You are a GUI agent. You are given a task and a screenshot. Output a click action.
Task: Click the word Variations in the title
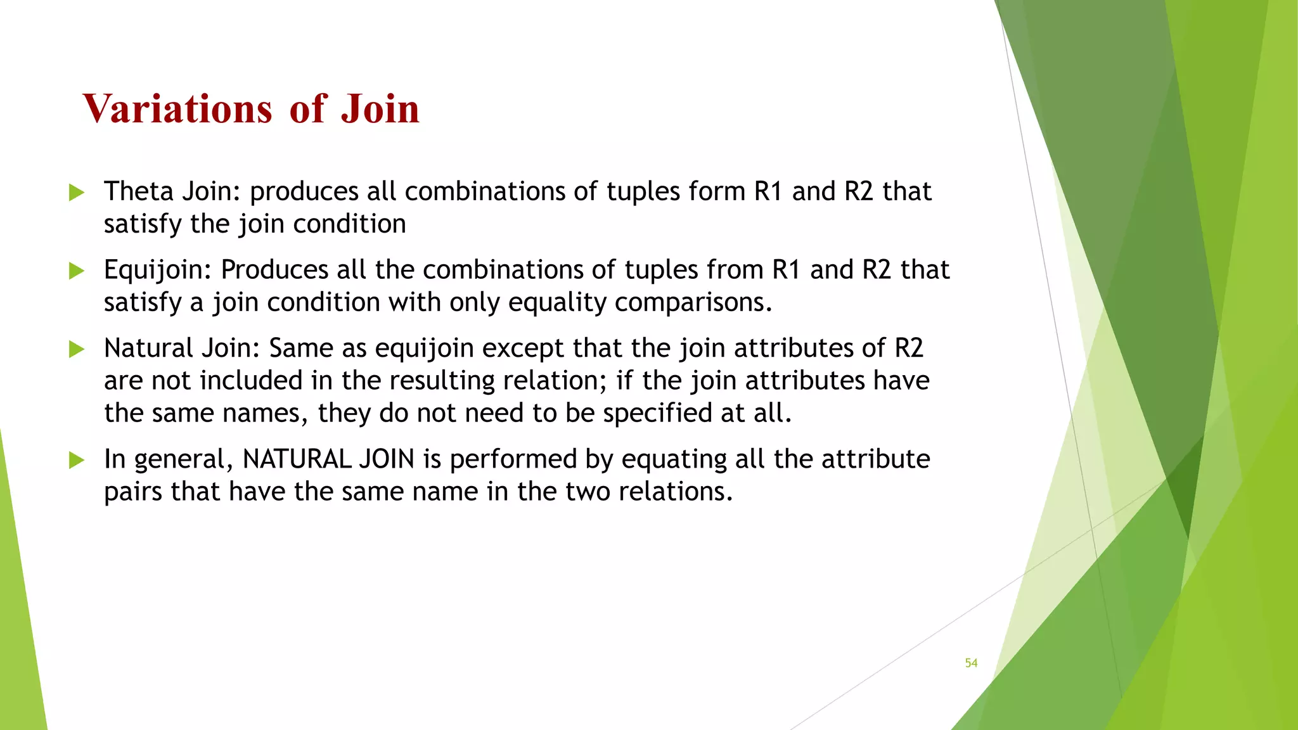click(x=177, y=108)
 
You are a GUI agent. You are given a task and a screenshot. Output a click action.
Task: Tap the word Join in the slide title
click(x=380, y=108)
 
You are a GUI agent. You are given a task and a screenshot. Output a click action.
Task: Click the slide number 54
click(x=971, y=663)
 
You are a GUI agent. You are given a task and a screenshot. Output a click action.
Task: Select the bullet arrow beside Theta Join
click(x=77, y=192)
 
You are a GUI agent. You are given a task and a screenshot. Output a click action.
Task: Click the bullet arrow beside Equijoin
click(x=77, y=271)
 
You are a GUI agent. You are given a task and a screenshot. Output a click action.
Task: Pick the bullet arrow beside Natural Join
click(x=77, y=349)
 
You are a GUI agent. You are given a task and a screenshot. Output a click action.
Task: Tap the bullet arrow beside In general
click(x=77, y=459)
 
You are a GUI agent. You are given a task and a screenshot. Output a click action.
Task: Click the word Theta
click(x=138, y=191)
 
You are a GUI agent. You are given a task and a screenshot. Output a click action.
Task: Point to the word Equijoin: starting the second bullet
click(x=158, y=271)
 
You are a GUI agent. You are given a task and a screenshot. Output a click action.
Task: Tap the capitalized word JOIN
click(x=387, y=459)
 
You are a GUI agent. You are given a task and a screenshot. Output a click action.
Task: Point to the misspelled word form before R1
click(x=717, y=191)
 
